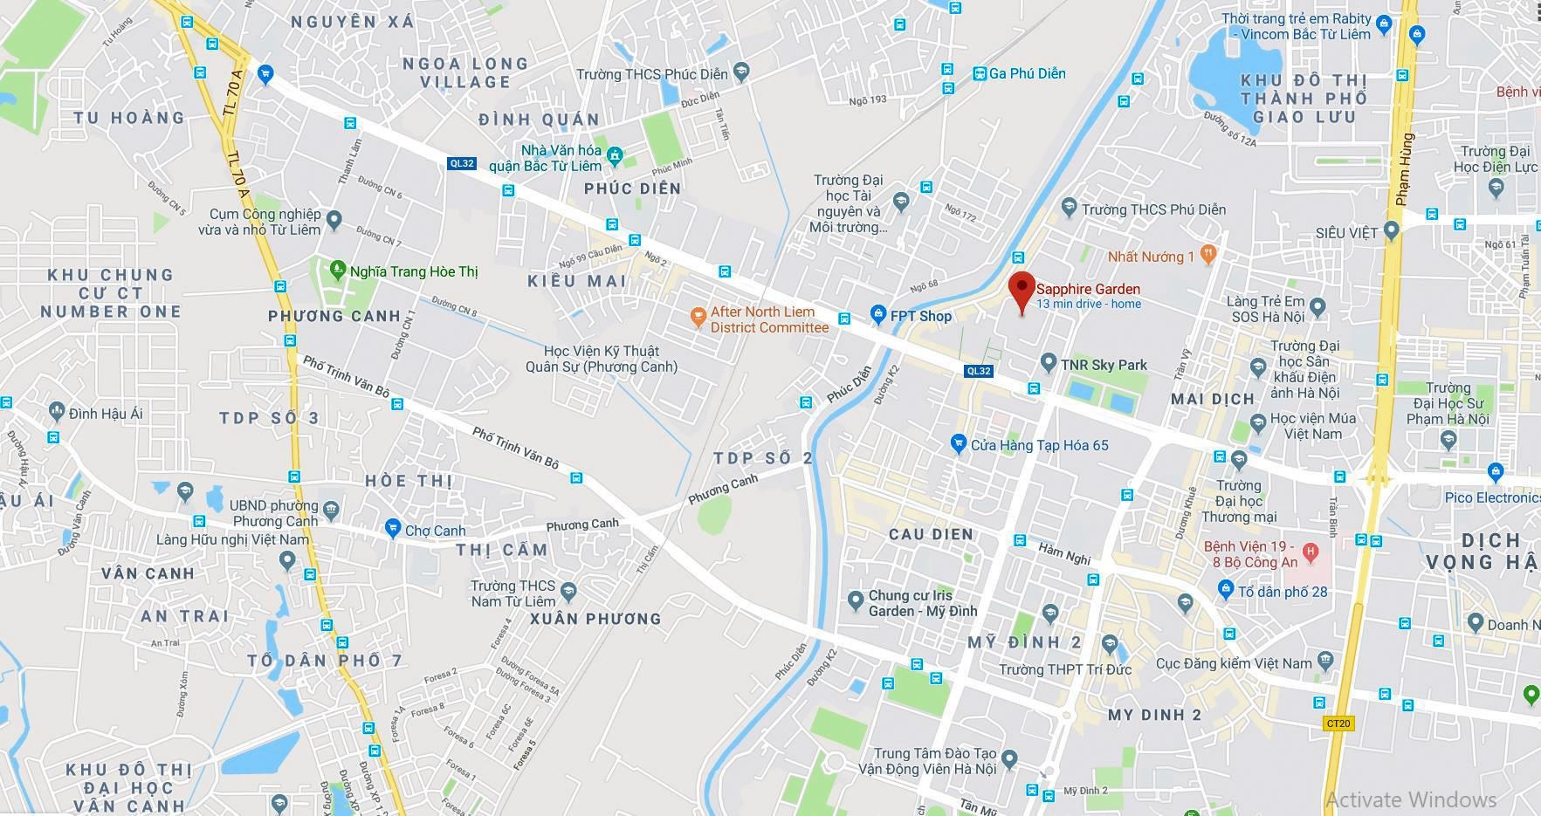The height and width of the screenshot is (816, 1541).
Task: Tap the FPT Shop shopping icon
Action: click(x=877, y=316)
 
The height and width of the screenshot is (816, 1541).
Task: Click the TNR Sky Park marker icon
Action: click(x=1049, y=362)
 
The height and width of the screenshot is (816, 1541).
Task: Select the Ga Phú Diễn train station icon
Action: click(x=980, y=74)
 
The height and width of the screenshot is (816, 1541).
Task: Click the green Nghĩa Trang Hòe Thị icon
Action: click(x=338, y=271)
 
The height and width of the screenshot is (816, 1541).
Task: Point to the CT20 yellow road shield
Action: click(x=1338, y=723)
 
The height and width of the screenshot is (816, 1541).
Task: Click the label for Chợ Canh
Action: click(x=435, y=531)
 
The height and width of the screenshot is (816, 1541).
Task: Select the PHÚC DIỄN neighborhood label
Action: click(x=632, y=189)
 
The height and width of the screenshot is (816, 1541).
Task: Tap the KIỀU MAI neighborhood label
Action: click(x=577, y=281)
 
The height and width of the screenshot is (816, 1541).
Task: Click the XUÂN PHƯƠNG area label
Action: click(x=595, y=619)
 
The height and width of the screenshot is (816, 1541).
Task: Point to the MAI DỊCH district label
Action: click(x=1212, y=399)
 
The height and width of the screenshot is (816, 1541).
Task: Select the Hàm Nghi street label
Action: click(x=1063, y=552)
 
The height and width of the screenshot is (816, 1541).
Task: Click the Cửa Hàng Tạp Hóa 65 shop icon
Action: click(x=959, y=443)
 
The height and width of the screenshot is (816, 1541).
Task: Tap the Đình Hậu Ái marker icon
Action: click(x=57, y=410)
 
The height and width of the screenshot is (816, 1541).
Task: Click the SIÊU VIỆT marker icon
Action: click(x=1392, y=231)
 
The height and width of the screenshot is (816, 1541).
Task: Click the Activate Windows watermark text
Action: click(x=1410, y=799)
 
